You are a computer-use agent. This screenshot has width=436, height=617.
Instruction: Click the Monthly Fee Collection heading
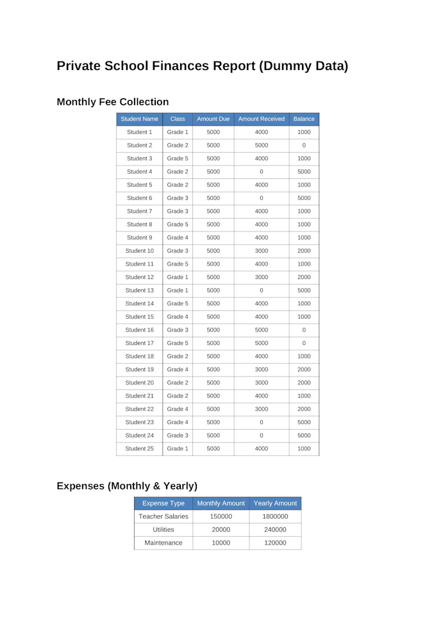113,102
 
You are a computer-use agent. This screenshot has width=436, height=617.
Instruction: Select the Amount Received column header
262,119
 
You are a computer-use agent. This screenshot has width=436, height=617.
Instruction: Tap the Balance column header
304,119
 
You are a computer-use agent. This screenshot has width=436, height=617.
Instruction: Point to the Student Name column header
139,119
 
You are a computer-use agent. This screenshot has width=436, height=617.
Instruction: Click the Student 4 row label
139,172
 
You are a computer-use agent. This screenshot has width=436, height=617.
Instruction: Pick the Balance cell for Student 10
304,251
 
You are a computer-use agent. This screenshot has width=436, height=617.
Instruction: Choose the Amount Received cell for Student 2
262,146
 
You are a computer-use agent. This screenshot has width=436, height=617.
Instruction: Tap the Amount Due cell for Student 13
214,291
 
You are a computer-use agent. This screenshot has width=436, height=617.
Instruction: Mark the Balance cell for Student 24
304,435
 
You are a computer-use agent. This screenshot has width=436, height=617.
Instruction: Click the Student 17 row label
139,343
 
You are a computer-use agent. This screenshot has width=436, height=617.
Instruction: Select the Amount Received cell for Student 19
262,369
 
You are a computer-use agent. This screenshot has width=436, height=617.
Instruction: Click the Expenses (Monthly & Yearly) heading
127,486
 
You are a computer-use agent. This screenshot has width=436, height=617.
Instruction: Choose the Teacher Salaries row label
163,516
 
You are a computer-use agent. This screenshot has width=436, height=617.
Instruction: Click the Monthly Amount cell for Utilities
221,530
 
